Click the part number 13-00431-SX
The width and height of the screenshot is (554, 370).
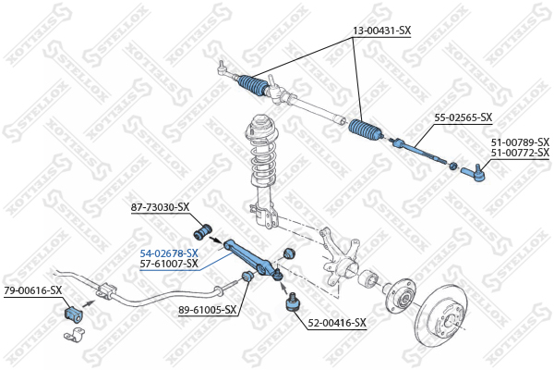381,31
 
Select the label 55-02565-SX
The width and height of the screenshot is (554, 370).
463,117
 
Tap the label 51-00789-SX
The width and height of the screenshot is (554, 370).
520,142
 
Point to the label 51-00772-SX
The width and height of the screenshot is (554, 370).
520,153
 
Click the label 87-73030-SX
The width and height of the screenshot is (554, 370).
160,207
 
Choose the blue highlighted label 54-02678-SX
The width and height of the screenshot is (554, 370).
169,253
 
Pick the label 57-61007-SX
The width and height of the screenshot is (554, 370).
169,264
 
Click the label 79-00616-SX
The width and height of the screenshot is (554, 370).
33,290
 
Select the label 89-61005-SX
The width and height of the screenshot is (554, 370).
207,310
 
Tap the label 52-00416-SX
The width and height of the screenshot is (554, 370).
337,323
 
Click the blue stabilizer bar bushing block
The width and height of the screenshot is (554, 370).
73,314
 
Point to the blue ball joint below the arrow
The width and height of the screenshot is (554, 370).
292,302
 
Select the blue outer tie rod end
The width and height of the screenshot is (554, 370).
473,173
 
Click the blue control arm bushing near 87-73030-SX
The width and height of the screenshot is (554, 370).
203,230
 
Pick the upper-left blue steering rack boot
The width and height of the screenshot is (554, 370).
253,85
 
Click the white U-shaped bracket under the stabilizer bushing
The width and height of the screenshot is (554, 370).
75,335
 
